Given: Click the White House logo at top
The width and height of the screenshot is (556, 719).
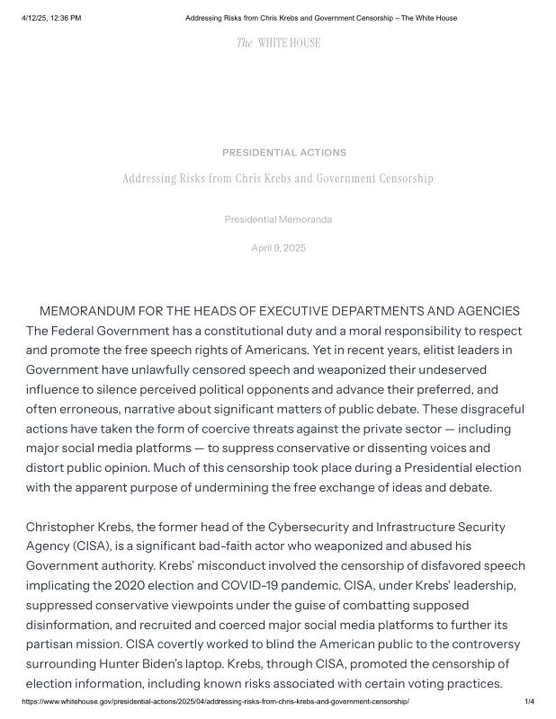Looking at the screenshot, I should pyautogui.click(x=278, y=42).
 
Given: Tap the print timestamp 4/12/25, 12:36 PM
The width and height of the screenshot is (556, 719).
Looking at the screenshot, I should pyautogui.click(x=51, y=18).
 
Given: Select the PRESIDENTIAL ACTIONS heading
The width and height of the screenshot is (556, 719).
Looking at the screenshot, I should pyautogui.click(x=284, y=153).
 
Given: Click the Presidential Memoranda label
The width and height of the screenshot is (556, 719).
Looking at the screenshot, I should pyautogui.click(x=278, y=219).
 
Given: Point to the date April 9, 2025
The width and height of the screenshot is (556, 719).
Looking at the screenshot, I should pyautogui.click(x=278, y=248).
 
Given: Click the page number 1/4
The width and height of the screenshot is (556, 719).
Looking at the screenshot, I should pyautogui.click(x=529, y=701).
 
